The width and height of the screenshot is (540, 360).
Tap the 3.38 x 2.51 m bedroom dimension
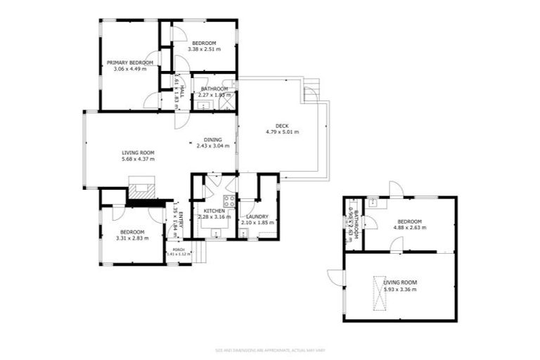pyautogui.click(x=206, y=50)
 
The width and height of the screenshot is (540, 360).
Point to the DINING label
pyautogui.click(x=212, y=139)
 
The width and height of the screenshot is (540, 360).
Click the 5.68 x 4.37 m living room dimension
pyautogui.click(x=137, y=159)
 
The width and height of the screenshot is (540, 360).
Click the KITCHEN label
pyautogui.click(x=214, y=210)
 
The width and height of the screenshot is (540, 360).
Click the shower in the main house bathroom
pyautogui.click(x=226, y=103)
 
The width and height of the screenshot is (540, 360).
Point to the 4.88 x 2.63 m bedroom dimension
pyautogui.click(x=409, y=227)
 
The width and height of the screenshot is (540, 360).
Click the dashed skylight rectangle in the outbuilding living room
pyautogui.click(x=380, y=290)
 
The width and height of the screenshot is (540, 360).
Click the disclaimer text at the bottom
pyautogui.click(x=269, y=349)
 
